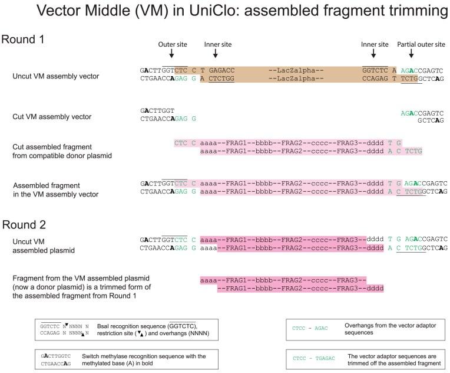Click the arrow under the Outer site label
[171, 53]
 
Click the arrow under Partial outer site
[411, 53]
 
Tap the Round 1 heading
[23, 40]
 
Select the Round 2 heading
[24, 225]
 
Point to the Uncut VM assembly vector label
[56, 76]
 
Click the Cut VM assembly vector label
[52, 116]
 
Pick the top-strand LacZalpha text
[296, 70]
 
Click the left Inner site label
[218, 44]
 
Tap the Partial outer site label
[421, 44]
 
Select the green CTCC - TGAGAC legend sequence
[314, 358]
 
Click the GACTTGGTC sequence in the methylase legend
[56, 356]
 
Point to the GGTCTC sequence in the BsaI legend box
[50, 326]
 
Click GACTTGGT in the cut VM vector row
[157, 111]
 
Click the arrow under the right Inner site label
[373, 53]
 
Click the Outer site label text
[173, 44]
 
